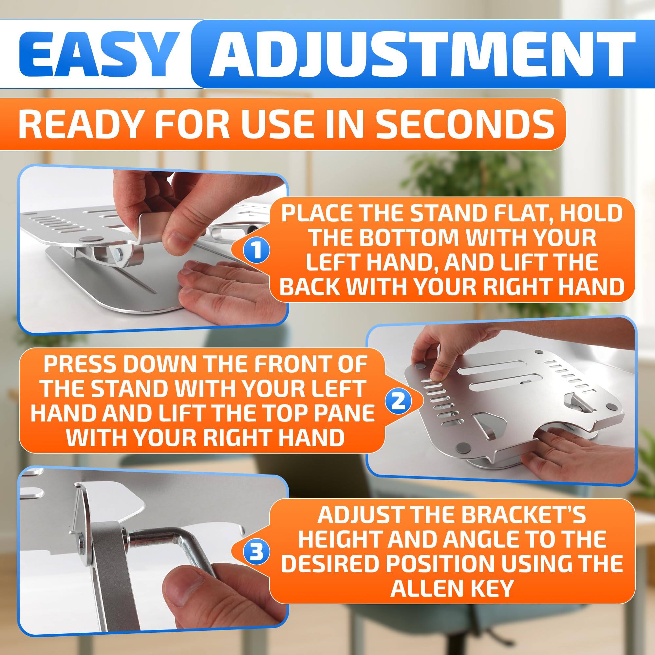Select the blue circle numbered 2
[398, 402]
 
